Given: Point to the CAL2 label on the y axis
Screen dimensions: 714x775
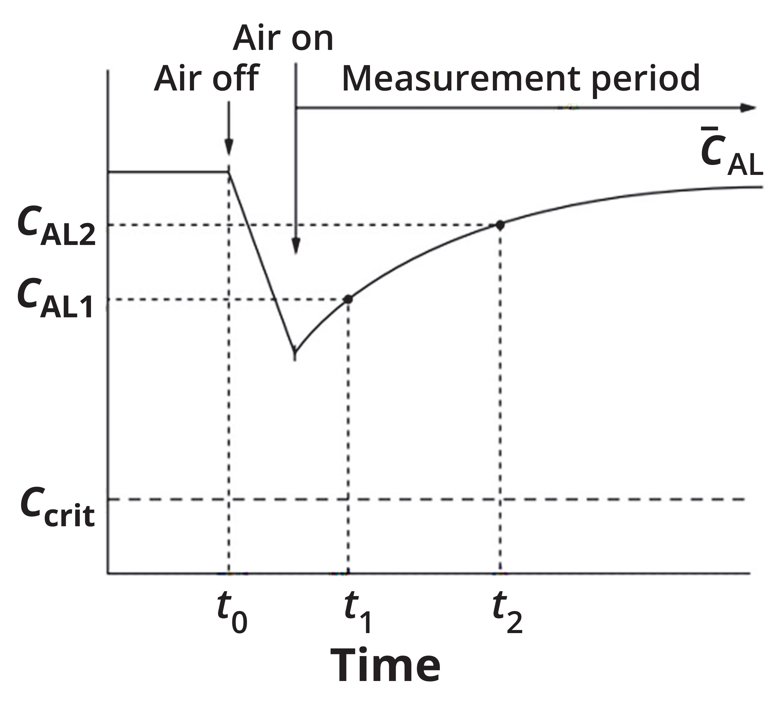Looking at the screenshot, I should [x=56, y=229].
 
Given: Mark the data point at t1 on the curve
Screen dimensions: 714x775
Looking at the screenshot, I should [x=349, y=299].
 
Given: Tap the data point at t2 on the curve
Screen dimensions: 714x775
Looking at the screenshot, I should [x=500, y=225].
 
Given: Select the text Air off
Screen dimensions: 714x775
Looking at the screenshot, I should [x=206, y=79].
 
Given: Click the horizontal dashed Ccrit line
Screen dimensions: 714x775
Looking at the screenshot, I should [x=425, y=500].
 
